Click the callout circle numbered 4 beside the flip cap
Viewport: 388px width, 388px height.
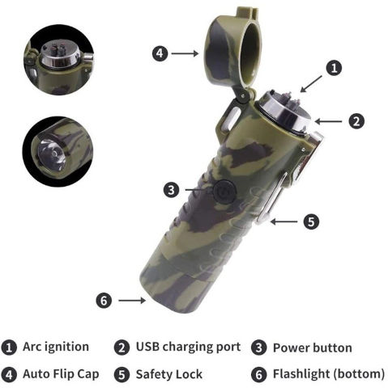(x=160, y=53)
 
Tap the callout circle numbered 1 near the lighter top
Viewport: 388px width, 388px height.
(x=334, y=68)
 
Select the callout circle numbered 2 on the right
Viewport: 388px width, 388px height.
(x=356, y=121)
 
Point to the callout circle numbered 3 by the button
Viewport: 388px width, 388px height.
(x=171, y=190)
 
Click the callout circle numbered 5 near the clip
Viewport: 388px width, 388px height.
(x=311, y=221)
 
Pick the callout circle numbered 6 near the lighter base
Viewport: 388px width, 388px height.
(x=104, y=300)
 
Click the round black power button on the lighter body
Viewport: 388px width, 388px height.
(x=224, y=192)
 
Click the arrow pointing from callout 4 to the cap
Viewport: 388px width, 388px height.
(x=185, y=53)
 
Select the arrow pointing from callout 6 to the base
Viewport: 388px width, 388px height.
(x=132, y=300)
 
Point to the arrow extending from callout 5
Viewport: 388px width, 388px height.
(x=284, y=221)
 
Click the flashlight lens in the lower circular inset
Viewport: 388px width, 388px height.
(x=52, y=154)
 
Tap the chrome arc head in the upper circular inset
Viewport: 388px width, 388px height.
(x=59, y=55)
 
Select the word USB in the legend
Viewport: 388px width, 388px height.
(x=147, y=347)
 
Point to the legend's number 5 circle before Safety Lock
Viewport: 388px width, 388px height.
(x=122, y=375)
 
